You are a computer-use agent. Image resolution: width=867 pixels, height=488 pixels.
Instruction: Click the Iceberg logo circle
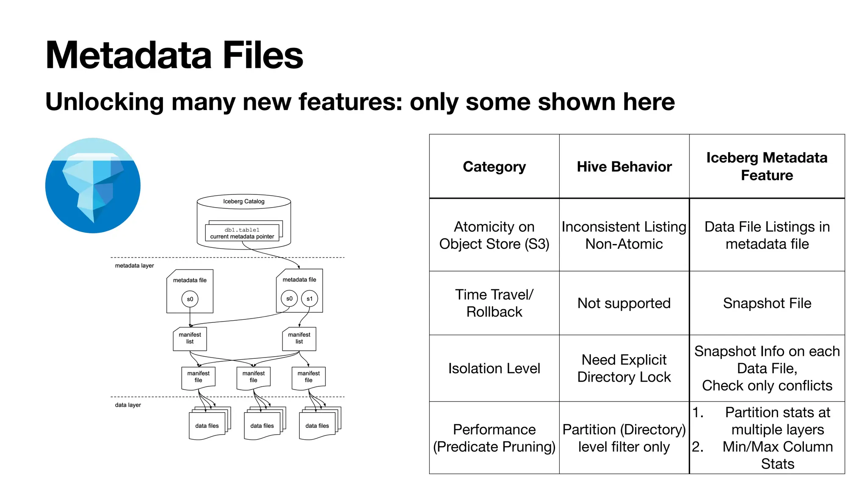93,185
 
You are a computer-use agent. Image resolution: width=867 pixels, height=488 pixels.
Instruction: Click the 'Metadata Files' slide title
174,55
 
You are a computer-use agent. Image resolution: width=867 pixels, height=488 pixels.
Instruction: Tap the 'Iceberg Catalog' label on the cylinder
244,201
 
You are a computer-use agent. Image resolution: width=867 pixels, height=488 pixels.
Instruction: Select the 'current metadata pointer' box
242,233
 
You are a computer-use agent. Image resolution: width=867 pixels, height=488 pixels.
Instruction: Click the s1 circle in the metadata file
309,299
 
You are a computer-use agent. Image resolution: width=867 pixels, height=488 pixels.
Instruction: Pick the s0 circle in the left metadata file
190,299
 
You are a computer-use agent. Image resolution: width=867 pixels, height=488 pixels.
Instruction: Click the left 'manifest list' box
190,338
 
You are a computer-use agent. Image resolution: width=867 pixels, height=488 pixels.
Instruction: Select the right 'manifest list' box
299,338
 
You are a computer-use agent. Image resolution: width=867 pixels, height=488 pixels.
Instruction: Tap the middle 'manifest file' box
254,377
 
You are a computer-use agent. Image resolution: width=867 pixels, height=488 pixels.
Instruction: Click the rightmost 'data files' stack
318,424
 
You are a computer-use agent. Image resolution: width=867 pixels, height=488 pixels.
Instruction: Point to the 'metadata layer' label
134,266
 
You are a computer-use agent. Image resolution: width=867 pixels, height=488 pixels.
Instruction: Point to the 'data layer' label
128,405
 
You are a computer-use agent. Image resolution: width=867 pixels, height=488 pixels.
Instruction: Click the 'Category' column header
494,166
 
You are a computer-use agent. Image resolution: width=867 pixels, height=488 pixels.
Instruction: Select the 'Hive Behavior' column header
624,166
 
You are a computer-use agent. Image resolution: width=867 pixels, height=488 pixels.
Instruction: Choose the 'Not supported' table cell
624,303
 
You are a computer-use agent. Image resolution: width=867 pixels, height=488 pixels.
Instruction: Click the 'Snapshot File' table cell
767,303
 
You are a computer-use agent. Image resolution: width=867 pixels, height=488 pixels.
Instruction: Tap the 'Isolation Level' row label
494,369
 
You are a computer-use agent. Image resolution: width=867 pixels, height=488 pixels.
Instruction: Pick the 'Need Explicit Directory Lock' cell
624,369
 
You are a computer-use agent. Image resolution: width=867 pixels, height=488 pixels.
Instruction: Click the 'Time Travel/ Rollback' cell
494,303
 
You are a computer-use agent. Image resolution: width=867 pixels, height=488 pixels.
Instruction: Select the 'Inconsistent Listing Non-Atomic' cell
624,235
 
